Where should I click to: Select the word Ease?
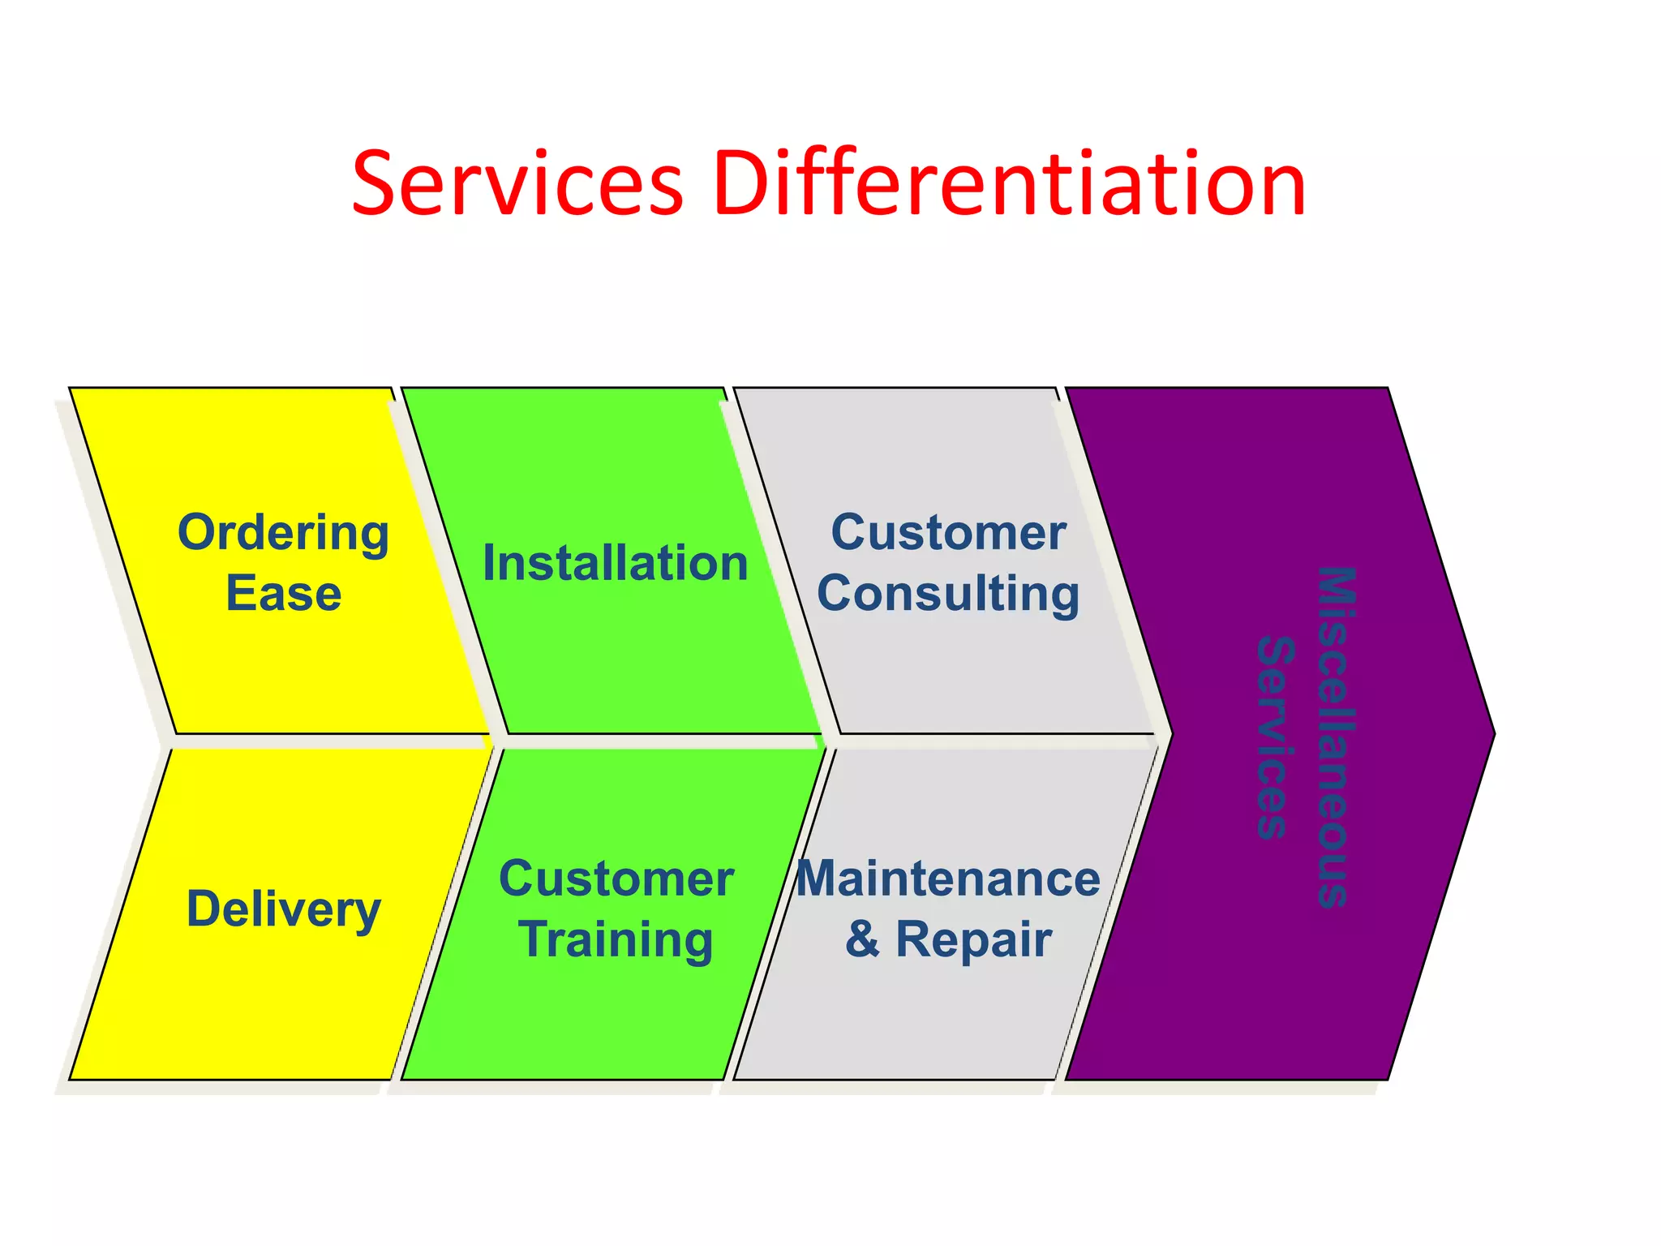pos(283,594)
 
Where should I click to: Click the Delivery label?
pos(283,909)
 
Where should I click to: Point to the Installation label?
pos(615,564)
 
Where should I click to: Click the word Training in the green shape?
pos(616,940)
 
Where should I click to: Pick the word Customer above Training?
pos(616,879)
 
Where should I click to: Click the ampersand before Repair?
pos(862,940)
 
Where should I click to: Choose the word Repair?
pos(973,940)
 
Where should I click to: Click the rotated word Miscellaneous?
pos(1334,737)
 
